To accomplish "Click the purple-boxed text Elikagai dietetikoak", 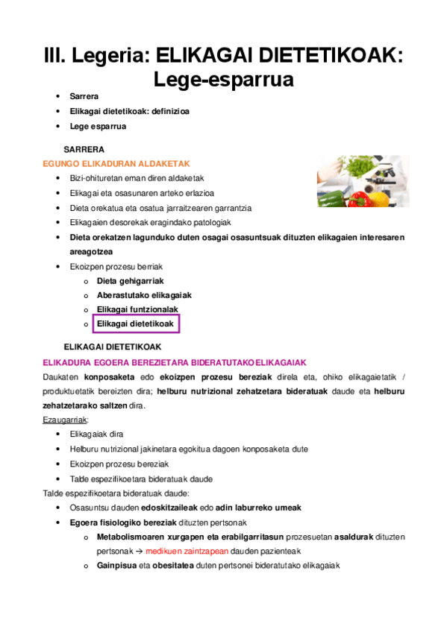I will (x=135, y=324).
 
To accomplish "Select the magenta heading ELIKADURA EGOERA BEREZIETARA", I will (x=175, y=363).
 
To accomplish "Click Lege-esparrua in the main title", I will (x=223, y=78).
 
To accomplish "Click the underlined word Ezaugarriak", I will (x=66, y=420).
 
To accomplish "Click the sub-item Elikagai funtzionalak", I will (x=137, y=309).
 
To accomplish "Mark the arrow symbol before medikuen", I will (x=139, y=552).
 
